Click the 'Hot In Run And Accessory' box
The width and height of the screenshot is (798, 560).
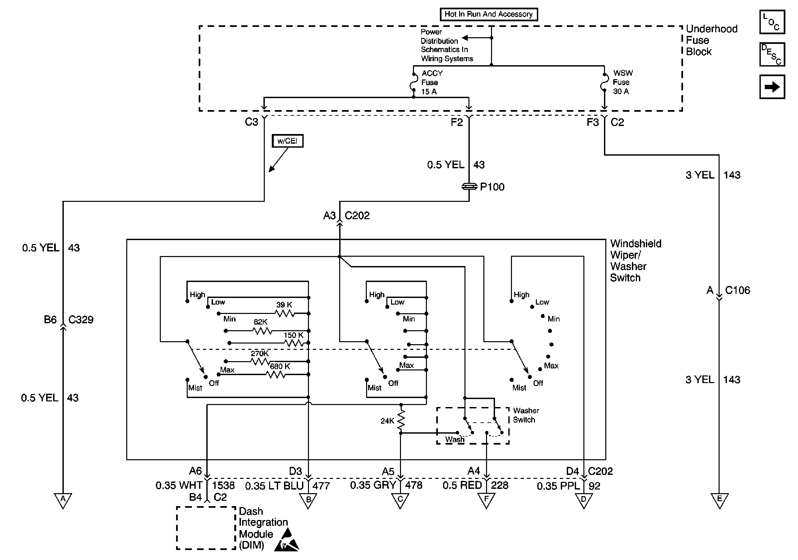489,14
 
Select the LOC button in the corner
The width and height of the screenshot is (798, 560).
772,22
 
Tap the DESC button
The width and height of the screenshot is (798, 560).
772,54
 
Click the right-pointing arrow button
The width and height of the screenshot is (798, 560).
772,86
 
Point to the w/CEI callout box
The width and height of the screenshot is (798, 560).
288,141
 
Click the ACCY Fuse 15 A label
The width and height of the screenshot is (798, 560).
432,82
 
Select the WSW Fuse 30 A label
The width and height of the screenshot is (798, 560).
623,82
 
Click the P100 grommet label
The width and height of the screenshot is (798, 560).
492,187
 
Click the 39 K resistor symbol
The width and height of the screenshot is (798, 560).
285,313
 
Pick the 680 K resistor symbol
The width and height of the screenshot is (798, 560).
276,375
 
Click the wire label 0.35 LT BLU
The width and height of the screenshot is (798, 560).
274,486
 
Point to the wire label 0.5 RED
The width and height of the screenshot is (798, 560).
462,485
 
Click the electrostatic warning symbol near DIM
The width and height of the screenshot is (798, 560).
287,540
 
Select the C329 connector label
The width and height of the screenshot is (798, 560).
81,320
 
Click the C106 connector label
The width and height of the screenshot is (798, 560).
738,290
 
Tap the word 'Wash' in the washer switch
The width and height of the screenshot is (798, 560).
455,439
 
